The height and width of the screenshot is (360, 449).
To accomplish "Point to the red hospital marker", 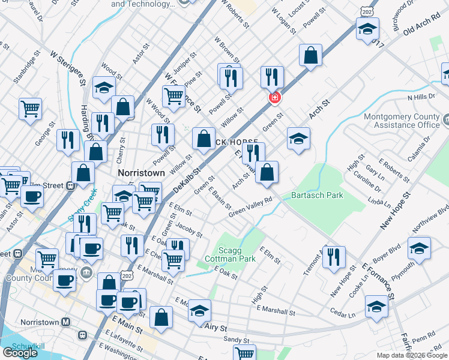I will [274, 97].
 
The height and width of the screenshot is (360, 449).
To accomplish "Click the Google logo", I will [20, 353].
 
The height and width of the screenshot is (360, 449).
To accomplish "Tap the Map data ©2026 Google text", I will [412, 355].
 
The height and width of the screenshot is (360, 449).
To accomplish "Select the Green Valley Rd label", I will [250, 208].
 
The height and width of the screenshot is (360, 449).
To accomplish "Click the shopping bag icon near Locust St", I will [311, 56].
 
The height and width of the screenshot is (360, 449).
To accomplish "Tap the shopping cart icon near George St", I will [30, 109].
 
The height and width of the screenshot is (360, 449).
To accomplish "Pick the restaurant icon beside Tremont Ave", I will [333, 256].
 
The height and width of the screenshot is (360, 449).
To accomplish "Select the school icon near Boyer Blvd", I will [419, 248].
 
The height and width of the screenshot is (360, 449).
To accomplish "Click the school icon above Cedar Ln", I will [377, 306].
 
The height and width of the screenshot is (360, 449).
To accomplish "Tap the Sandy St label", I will [236, 340].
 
